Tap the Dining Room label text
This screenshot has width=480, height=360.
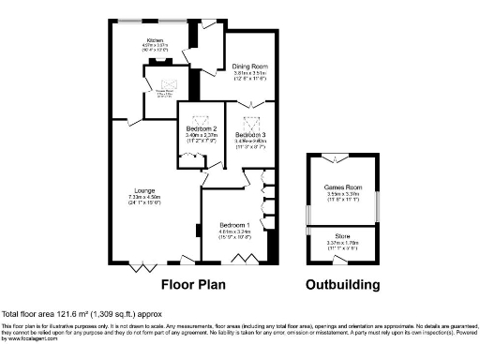(x=250, y=67)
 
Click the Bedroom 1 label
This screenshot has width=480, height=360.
(x=234, y=225)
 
